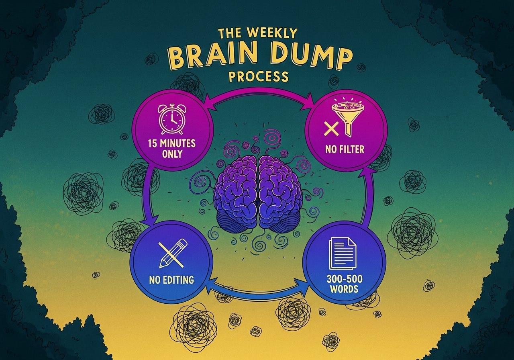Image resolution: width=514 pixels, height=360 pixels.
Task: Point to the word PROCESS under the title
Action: coord(259,76)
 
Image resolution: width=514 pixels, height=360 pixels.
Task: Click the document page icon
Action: coord(343,253)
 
